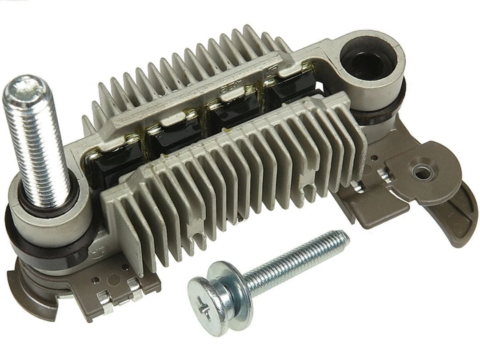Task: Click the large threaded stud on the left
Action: (38, 142)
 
